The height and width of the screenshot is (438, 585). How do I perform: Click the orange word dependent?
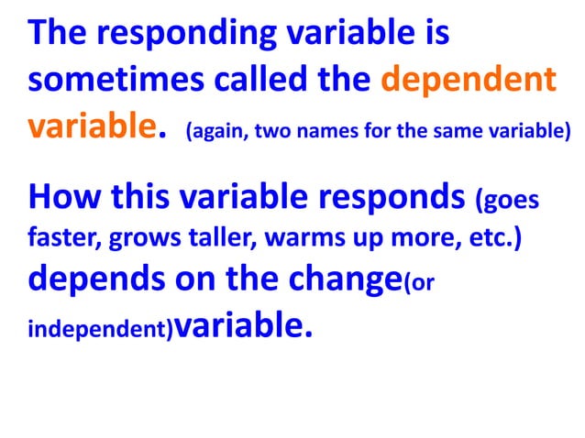point(468,80)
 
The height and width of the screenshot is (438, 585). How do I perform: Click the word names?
point(321,130)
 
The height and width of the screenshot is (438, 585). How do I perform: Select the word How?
point(66,196)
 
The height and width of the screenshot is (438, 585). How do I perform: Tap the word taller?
point(224,240)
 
